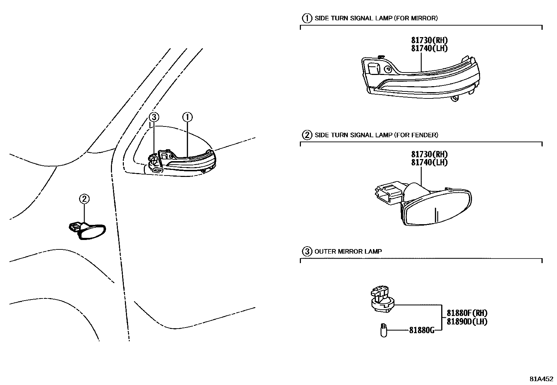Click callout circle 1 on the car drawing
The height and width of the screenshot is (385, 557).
click(x=188, y=117)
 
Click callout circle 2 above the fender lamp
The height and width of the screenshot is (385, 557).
click(x=84, y=199)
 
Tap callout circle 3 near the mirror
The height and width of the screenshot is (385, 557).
click(x=154, y=117)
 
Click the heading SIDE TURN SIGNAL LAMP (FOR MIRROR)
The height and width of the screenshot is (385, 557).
click(x=376, y=18)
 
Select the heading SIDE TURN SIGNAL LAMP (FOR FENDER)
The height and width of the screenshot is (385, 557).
click(x=376, y=135)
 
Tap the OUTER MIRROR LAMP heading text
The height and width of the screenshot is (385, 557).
click(x=348, y=251)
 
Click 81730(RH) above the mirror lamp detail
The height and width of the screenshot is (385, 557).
click(x=429, y=40)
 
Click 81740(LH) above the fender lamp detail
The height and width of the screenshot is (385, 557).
click(x=429, y=163)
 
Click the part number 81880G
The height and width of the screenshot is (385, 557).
click(x=421, y=330)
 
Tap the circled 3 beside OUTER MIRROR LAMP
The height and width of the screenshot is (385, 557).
click(x=307, y=251)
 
